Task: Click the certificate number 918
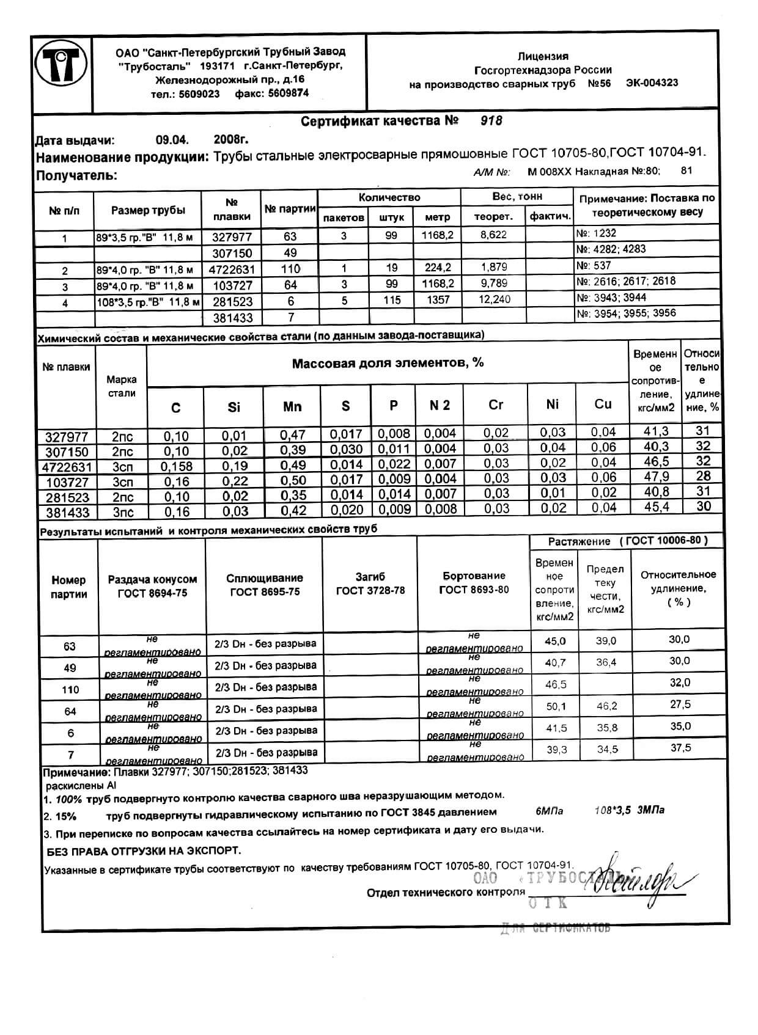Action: tap(491, 121)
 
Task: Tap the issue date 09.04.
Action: tap(168, 140)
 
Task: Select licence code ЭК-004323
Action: tap(652, 83)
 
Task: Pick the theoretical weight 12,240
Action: tap(493, 299)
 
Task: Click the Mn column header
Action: tap(292, 407)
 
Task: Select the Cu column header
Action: tap(603, 404)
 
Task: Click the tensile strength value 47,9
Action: tap(656, 477)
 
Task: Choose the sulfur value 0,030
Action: tap(347, 449)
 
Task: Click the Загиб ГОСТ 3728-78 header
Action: tap(370, 583)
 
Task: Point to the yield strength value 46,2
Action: tap(606, 706)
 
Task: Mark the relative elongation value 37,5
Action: tap(680, 748)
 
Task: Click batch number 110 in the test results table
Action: tap(70, 690)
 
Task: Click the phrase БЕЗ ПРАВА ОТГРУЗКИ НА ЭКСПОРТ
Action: tap(144, 850)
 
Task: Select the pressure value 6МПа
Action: tap(549, 811)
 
